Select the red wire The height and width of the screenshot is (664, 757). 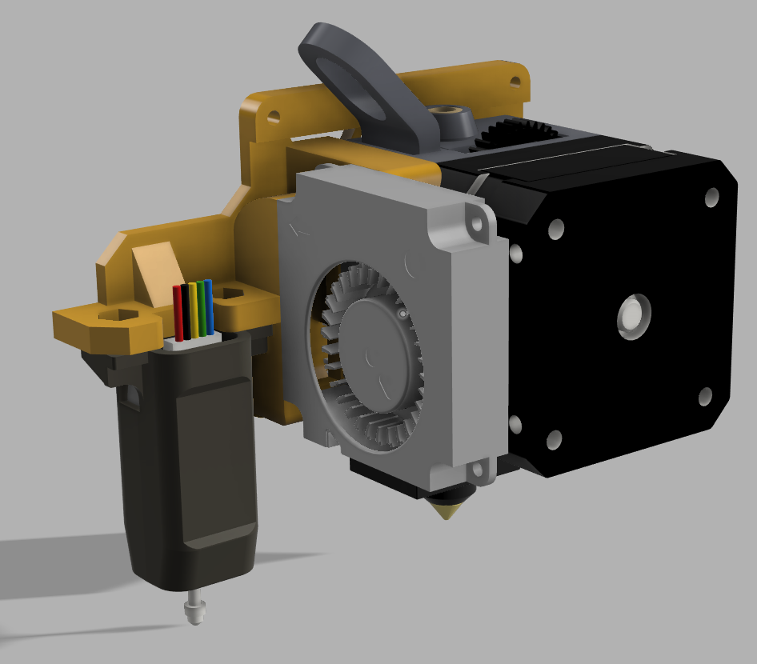pos(178,311)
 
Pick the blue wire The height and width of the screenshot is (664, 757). pos(209,305)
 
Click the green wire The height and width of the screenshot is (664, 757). pos(201,307)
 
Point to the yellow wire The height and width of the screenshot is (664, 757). pos(193,309)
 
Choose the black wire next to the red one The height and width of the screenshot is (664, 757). pos(186,310)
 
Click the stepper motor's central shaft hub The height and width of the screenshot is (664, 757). pos(634,317)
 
